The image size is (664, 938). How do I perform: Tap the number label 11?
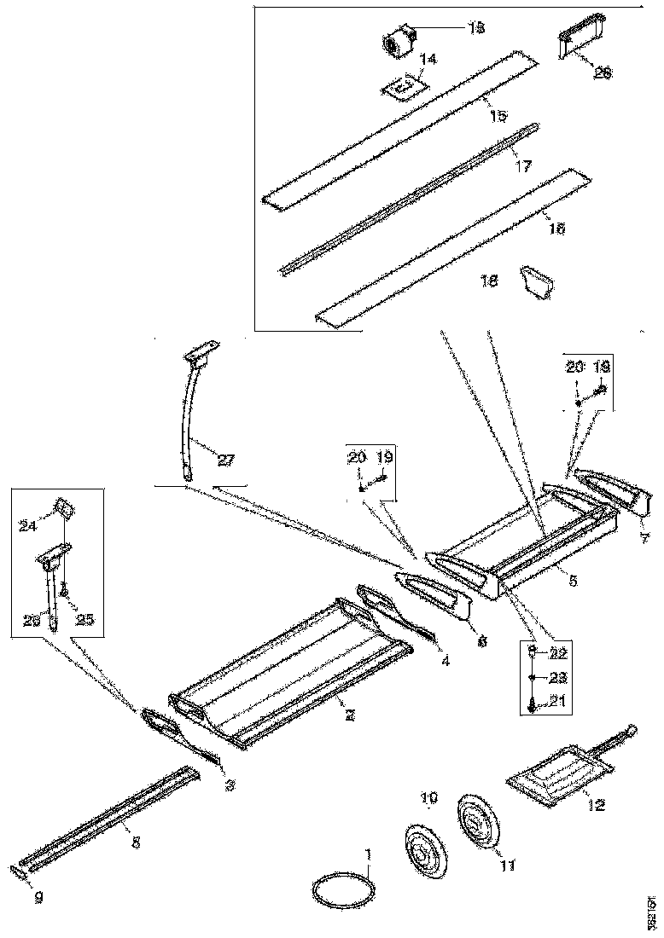pos(507,866)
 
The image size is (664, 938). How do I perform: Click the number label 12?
pos(596,804)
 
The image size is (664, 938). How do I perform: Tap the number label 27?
pos(224,461)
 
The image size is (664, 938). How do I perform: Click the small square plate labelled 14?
pos(405,87)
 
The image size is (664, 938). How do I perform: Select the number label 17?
pos(522,168)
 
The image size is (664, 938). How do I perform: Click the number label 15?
pos(498,114)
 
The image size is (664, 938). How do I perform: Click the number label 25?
pos(85,620)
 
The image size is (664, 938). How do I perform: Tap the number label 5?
pos(573,582)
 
